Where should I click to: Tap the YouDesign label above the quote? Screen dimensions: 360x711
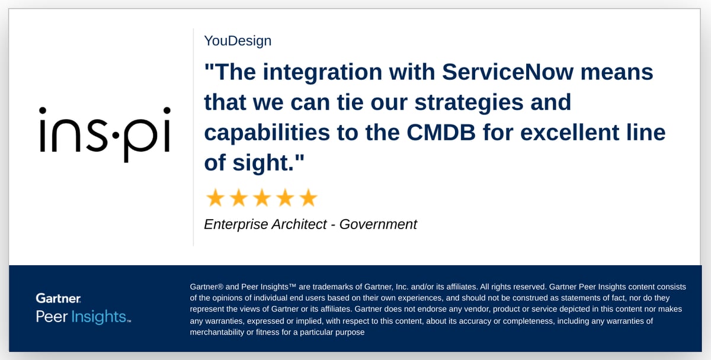tap(238, 41)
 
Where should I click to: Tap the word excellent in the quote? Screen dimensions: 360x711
tap(593, 133)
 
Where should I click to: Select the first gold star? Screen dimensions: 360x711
tap(215, 198)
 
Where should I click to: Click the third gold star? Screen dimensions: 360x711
tap(261, 198)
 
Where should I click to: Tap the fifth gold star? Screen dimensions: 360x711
tap(308, 198)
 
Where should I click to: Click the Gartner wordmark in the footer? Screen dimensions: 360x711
tap(58, 298)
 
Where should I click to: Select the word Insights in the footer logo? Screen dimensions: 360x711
tap(99, 317)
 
